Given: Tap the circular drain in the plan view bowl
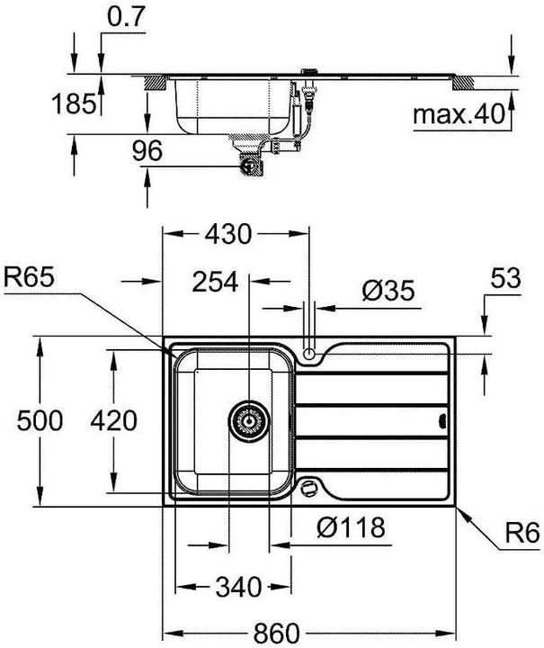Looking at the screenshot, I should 246,420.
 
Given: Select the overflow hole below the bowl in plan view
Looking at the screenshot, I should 311,487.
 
